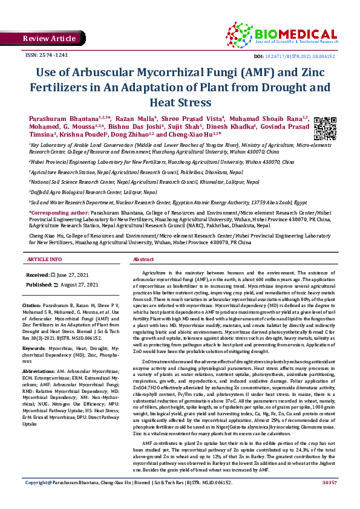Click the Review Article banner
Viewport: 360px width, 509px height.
pyautogui.click(x=49, y=38)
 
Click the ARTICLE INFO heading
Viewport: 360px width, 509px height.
pyautogui.click(x=44, y=259)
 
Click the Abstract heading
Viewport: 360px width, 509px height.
pyautogui.click(x=143, y=259)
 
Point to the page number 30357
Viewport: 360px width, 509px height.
pyautogui.click(x=329, y=500)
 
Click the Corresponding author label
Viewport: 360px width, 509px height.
pyautogui.click(x=58, y=213)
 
